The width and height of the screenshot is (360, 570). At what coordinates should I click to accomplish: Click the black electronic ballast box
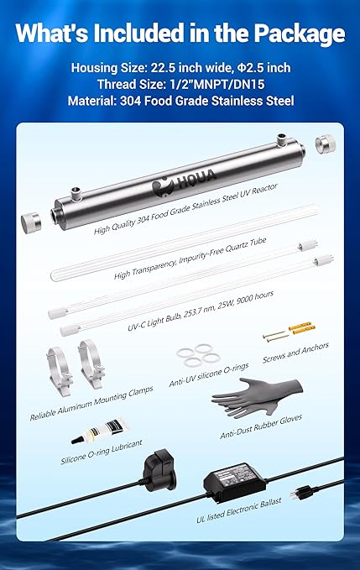[234, 488]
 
